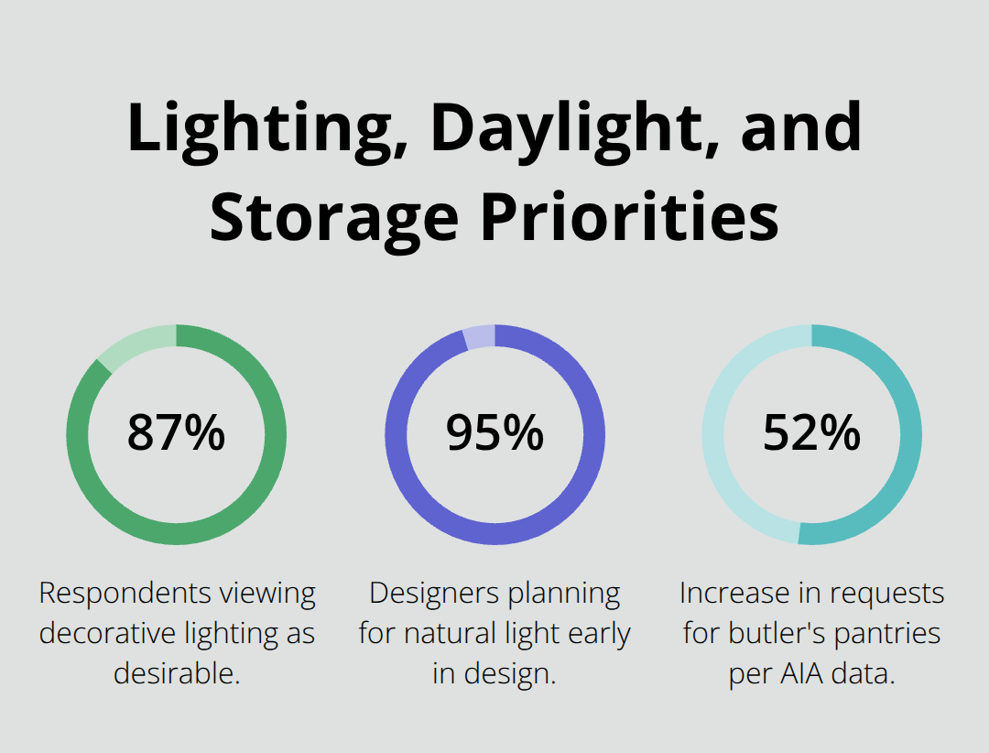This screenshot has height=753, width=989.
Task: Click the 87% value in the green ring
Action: tap(176, 433)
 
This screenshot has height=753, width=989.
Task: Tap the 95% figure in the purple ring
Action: tap(494, 433)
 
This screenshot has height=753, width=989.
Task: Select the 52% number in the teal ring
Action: tap(811, 433)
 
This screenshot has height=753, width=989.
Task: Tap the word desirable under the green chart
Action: tap(176, 673)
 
